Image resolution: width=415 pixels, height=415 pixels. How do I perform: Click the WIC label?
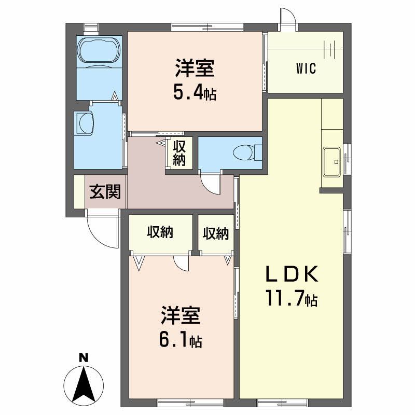[x=306, y=69]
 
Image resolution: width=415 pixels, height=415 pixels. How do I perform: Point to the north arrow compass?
[x=83, y=384]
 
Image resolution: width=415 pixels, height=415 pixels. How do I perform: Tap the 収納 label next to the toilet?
[x=179, y=153]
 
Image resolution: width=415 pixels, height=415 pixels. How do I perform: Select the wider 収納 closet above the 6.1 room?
[x=159, y=233]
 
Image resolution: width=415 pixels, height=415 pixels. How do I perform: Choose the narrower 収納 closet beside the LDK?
[x=215, y=233]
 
